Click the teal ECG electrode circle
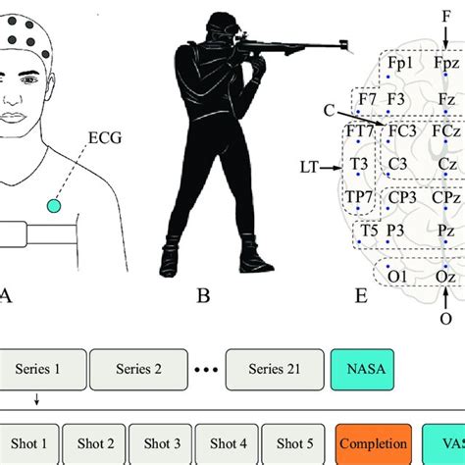tap(53, 205)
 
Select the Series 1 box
tap(37, 369)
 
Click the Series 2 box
tap(138, 369)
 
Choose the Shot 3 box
tap(163, 442)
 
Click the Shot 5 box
tap(295, 442)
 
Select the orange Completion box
tap(372, 442)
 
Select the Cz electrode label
tap(446, 163)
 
